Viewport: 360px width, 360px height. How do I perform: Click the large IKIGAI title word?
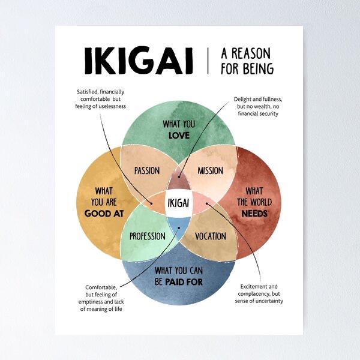coord(139,61)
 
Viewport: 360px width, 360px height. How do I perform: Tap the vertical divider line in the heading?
coord(208,61)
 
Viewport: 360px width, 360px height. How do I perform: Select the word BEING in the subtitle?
coord(259,68)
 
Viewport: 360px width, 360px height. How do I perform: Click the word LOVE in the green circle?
coord(179,136)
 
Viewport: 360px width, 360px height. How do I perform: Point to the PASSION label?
coord(147,170)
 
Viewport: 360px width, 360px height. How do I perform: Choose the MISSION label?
coord(211,170)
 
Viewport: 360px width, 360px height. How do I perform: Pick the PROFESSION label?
coord(148,236)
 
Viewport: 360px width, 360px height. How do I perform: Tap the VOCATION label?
coord(211,236)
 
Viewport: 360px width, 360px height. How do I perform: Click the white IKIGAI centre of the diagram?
coord(178,203)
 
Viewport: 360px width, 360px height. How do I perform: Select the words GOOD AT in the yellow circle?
coord(104,214)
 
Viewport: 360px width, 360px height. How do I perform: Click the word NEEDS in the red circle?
coord(254,214)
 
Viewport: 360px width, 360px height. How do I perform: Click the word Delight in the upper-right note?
coord(242,100)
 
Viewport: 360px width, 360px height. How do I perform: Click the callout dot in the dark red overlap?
coord(179,177)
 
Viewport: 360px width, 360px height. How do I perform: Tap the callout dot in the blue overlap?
coord(179,228)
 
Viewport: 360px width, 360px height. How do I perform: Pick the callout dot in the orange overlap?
coord(152,203)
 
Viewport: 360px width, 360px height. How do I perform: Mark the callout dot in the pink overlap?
coord(206,203)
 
